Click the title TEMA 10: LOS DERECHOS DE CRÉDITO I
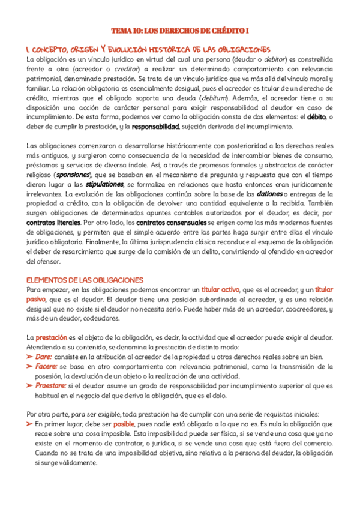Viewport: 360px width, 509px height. [180, 31]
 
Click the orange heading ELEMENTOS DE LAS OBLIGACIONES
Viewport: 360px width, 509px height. [85, 280]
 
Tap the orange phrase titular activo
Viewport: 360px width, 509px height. [221, 289]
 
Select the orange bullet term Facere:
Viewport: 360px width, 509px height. [47, 366]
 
